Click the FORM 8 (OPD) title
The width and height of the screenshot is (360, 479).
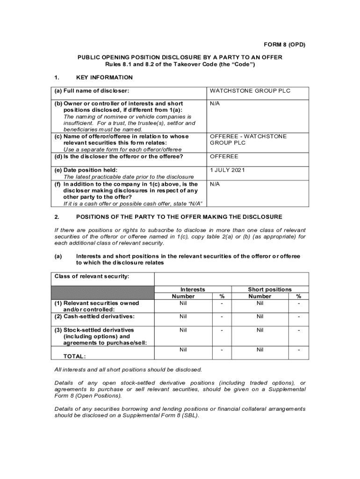[x=284, y=45]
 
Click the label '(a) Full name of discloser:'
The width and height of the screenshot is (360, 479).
[x=92, y=91]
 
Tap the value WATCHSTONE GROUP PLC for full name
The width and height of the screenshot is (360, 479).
[x=250, y=91]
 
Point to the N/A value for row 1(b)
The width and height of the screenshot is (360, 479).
[x=215, y=103]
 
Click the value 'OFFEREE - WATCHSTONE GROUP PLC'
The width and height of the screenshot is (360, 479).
[x=248, y=139]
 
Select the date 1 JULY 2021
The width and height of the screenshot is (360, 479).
[x=227, y=170]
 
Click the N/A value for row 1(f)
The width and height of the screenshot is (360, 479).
[x=215, y=184]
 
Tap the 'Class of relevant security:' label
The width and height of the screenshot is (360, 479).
[x=92, y=276]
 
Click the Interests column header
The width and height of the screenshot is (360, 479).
[x=193, y=290]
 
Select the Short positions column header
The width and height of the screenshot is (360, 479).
[x=269, y=290]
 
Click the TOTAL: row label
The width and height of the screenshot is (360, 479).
[x=74, y=356]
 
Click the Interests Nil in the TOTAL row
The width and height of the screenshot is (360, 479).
[x=183, y=350]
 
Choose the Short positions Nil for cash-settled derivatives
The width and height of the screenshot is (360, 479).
[x=260, y=317]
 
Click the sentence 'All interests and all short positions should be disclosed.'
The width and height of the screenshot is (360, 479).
[x=128, y=370]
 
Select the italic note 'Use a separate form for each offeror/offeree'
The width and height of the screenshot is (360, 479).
[x=122, y=150]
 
